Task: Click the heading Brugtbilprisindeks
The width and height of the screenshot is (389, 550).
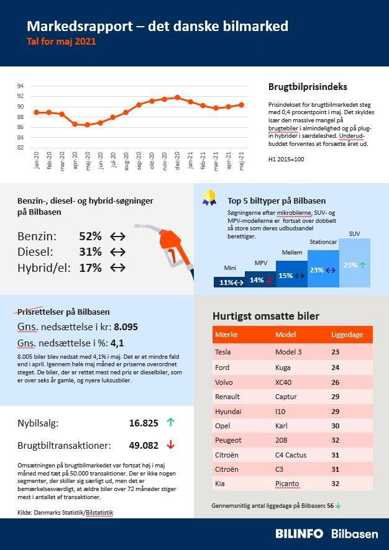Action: [x=308, y=87]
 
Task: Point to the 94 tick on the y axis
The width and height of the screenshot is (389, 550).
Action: [x=20, y=86]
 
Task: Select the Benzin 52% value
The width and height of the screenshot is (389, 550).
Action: [x=90, y=237]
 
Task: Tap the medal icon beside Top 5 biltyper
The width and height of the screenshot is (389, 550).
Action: [x=209, y=197]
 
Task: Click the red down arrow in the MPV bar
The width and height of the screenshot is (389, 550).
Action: [x=270, y=280]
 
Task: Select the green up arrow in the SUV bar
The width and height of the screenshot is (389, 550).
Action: [x=363, y=265]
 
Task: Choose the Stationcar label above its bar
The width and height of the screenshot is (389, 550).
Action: [x=323, y=242]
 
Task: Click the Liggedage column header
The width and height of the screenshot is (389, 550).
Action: [x=347, y=335]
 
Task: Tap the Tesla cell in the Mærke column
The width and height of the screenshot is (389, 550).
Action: [x=222, y=352]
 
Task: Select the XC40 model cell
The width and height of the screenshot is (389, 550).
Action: [x=283, y=382]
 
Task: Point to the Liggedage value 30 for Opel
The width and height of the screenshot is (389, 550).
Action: [x=335, y=426]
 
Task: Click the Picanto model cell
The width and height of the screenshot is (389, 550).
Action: [x=287, y=484]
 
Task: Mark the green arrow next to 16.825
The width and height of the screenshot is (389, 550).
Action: [x=171, y=423]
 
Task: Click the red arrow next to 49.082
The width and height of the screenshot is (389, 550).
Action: [x=171, y=445]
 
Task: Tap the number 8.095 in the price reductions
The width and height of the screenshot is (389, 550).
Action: [x=126, y=326]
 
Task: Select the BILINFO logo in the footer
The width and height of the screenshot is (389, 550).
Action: [x=300, y=534]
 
